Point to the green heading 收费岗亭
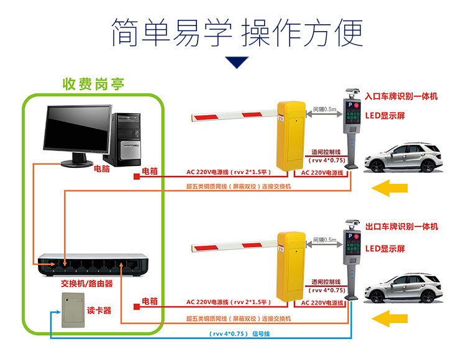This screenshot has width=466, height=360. pyautogui.click(x=93, y=84)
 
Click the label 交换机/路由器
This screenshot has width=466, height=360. pyautogui.click(x=87, y=284)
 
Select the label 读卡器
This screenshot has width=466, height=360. pyautogui.click(x=99, y=310)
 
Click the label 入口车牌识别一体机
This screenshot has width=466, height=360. pyautogui.click(x=401, y=96)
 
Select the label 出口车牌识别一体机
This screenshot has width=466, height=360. pyautogui.click(x=401, y=227)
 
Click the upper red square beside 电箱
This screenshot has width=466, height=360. pyautogui.click(x=135, y=177)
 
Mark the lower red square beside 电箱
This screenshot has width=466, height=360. pyautogui.click(x=135, y=306)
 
